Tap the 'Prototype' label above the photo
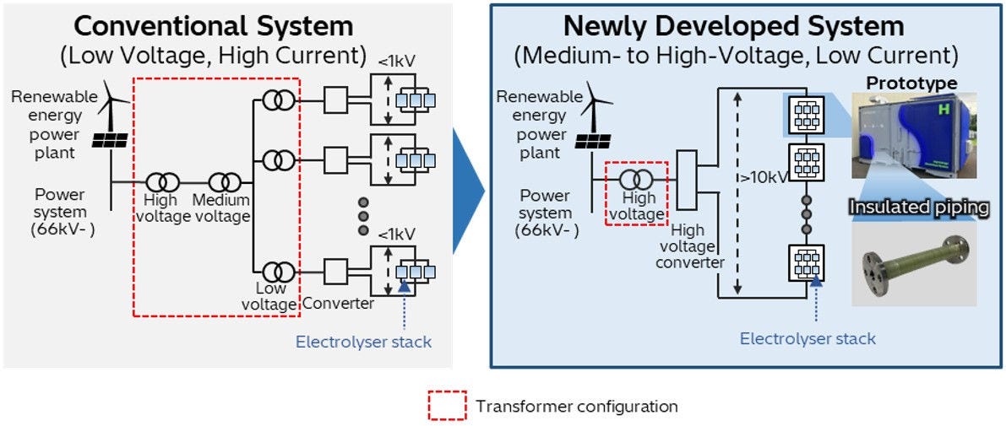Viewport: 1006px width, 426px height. [x=911, y=83]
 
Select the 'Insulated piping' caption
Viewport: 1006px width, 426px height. [x=918, y=208]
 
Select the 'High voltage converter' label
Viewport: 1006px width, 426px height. [x=694, y=245]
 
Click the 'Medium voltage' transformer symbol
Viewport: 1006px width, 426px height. [x=225, y=181]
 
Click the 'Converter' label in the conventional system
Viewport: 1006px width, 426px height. [x=337, y=303]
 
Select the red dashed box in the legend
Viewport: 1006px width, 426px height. [x=447, y=407]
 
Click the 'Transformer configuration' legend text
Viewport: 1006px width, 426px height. [x=576, y=407]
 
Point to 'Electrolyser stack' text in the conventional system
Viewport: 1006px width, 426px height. [x=363, y=342]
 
